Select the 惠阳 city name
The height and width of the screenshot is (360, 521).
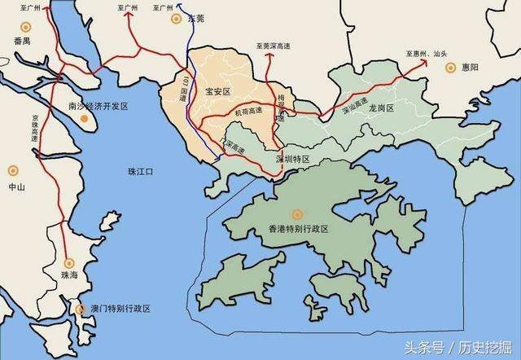(471, 67)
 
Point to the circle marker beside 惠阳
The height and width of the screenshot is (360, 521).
(450, 67)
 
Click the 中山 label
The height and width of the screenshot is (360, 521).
(15, 187)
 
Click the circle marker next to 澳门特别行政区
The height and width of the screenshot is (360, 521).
(80, 310)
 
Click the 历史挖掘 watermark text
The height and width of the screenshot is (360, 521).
(488, 345)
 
